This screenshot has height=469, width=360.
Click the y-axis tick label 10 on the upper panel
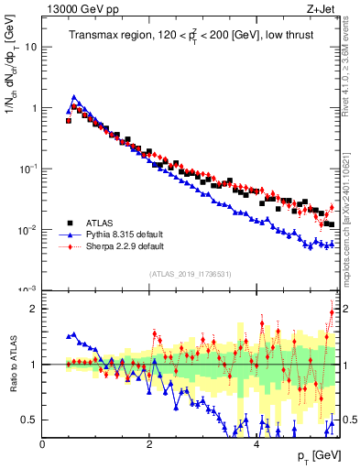(32, 47)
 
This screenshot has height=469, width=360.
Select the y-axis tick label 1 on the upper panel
(35, 108)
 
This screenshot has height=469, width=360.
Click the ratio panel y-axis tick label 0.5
(30, 420)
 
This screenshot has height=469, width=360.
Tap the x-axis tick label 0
(42, 444)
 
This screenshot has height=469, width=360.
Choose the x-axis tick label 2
(149, 444)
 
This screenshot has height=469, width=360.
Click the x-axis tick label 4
(256, 444)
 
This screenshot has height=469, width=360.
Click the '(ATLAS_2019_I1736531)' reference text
(190, 274)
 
